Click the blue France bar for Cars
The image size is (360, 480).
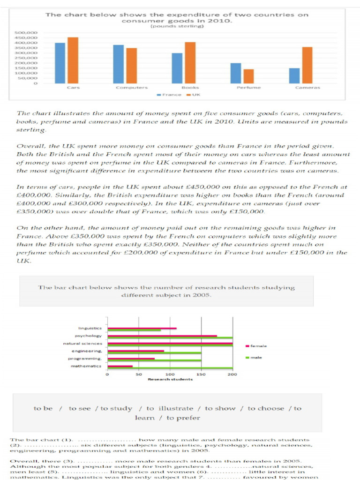[60, 63]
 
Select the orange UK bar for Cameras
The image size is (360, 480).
[307, 65]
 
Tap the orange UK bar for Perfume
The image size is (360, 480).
[248, 76]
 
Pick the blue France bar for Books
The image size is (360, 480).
[177, 68]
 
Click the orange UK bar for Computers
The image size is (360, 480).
[132, 66]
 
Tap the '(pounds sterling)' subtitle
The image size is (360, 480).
[177, 26]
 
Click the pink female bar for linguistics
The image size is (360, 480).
[142, 328]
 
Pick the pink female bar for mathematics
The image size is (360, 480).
[120, 366]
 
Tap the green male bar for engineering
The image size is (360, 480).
[154, 352]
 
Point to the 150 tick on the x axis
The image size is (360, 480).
[202, 375]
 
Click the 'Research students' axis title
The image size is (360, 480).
[170, 379]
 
